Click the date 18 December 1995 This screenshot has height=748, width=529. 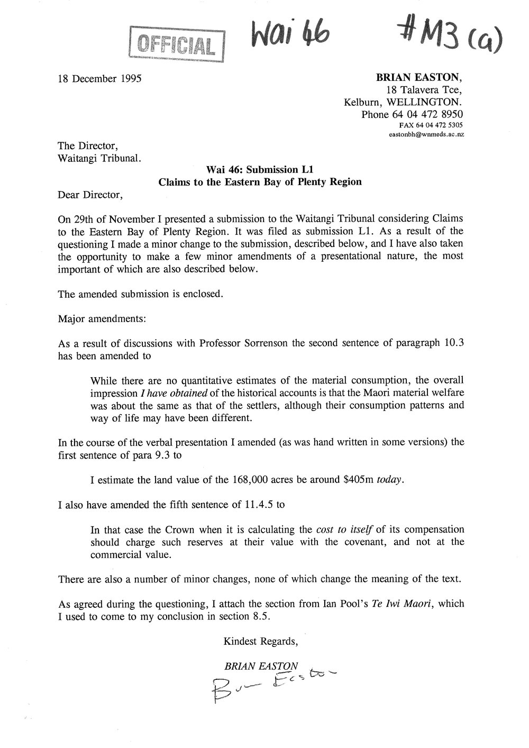click(x=100, y=79)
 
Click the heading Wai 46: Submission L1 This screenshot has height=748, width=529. click(x=260, y=170)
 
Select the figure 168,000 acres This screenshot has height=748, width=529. click(x=259, y=480)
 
